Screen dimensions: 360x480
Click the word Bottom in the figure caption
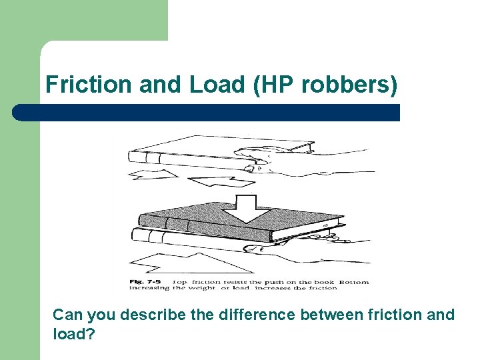354,281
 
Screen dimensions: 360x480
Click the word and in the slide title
162,85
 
